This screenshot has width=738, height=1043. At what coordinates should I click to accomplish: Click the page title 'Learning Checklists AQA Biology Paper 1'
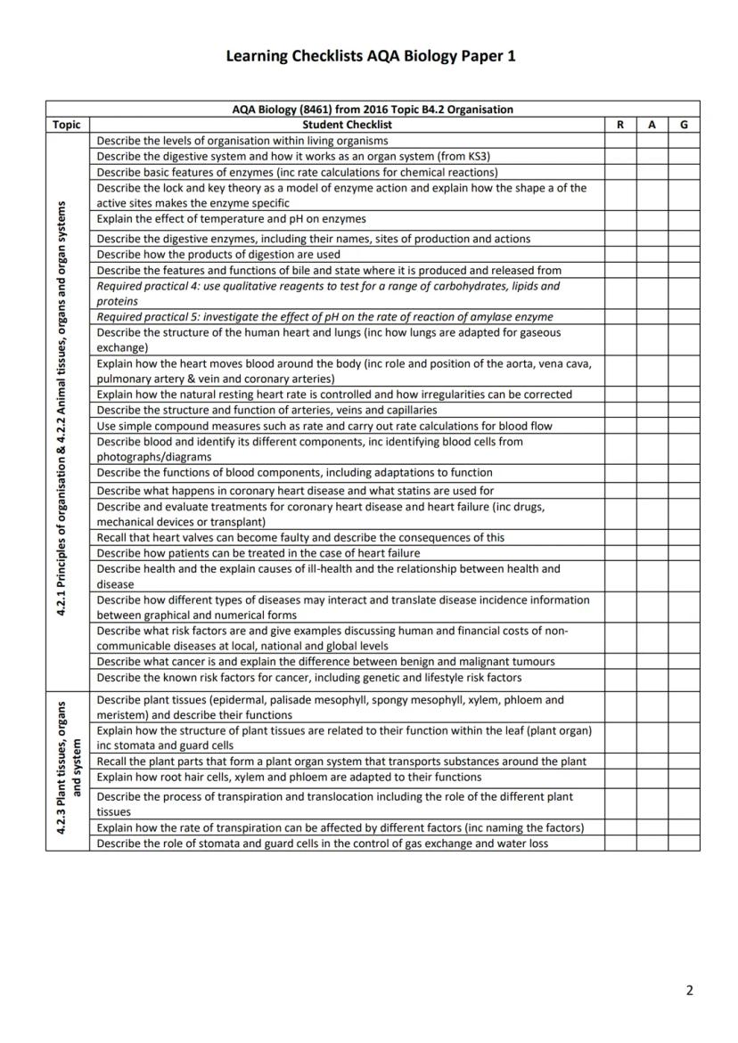click(370, 56)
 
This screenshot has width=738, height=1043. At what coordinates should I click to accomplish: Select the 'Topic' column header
click(67, 126)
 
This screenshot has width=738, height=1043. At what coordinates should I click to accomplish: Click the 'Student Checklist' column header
click(347, 126)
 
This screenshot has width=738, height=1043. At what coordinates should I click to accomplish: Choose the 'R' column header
click(619, 126)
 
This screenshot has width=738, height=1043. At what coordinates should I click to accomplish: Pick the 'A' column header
click(652, 126)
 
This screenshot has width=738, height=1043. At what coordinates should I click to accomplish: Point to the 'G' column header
click(684, 126)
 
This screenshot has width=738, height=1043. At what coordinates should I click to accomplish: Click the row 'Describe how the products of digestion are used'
click(218, 255)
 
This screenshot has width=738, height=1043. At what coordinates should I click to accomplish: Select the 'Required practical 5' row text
click(324, 317)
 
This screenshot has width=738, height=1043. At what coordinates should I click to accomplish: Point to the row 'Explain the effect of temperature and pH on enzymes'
click(231, 219)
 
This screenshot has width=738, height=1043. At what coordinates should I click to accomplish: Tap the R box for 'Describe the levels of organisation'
click(619, 141)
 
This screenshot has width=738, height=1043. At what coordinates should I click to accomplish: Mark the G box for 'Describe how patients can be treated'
click(684, 553)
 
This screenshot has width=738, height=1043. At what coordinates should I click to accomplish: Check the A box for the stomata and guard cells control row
click(652, 843)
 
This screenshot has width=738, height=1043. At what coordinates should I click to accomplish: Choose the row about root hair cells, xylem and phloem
click(289, 778)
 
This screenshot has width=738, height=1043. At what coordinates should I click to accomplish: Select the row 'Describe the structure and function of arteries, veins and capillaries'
click(266, 411)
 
